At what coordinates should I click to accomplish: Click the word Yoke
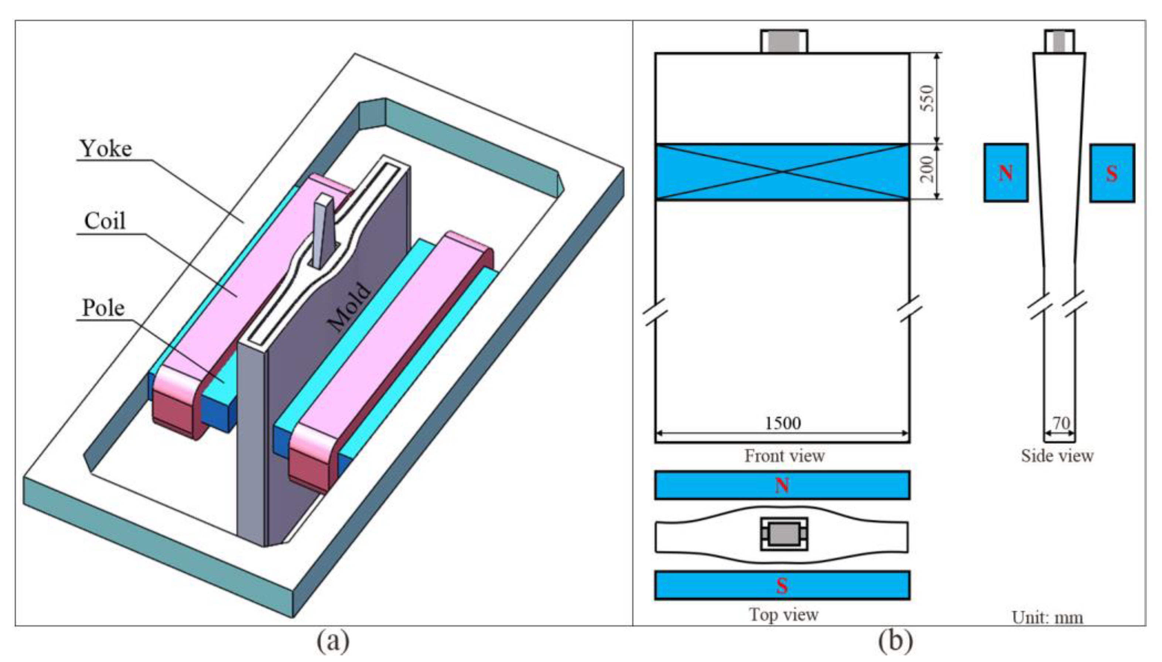[x=106, y=149]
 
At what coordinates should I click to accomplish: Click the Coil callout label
[x=105, y=222]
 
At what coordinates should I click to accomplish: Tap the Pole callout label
[x=103, y=308]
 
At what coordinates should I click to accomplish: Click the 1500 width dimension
[x=782, y=423]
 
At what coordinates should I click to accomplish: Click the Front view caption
[x=784, y=456]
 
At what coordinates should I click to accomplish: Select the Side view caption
[x=1057, y=456]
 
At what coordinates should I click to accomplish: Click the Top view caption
[x=783, y=615]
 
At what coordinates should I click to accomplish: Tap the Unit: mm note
[x=1047, y=617]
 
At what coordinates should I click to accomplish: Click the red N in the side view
[x=1005, y=173]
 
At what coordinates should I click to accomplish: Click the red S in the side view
[x=1111, y=173]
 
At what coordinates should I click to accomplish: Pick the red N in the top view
[x=782, y=486]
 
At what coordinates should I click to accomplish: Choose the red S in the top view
[x=782, y=586]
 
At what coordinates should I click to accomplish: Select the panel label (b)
[x=895, y=641]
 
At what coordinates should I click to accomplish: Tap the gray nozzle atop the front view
[x=784, y=41]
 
